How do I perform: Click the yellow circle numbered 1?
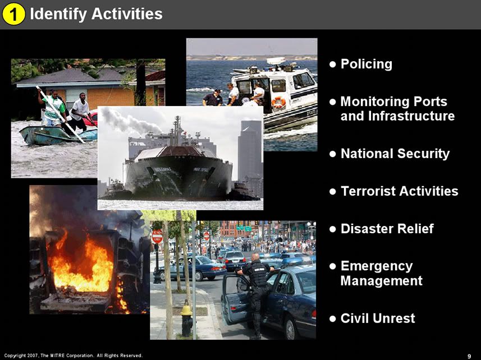point(13,15)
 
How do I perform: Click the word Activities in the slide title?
point(127,14)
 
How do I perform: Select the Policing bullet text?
point(367,64)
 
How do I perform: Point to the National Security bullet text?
point(395,154)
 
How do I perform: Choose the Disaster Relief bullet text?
point(387,229)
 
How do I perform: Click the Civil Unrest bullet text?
point(378,319)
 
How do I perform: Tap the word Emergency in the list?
point(377,266)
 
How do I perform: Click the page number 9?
point(469,356)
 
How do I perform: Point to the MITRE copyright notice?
point(74,356)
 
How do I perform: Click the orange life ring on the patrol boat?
point(278,102)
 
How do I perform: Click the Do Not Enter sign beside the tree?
point(157,237)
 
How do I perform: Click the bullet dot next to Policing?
point(332,64)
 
